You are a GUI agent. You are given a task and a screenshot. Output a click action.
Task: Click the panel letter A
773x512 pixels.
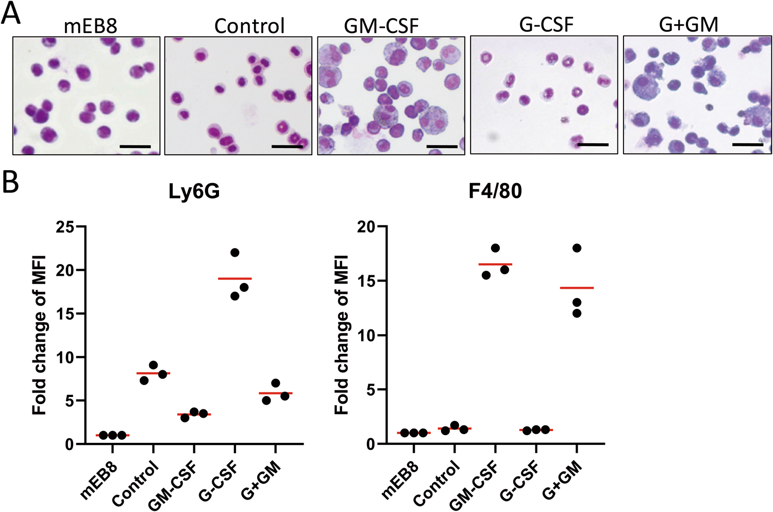11,13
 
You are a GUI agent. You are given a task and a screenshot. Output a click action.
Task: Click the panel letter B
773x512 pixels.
10,183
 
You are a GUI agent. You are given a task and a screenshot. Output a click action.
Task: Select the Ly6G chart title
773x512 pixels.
194,191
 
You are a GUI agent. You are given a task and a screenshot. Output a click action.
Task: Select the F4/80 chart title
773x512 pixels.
495,191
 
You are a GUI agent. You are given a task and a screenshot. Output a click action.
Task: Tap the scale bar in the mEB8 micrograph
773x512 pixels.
135,146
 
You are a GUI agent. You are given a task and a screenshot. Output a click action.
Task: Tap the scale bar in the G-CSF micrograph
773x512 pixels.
593,145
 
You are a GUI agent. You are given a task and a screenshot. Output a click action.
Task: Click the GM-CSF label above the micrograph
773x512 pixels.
381,26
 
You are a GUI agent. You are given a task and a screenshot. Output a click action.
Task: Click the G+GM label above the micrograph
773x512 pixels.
688,25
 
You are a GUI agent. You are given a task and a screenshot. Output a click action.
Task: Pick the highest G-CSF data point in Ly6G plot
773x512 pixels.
234,253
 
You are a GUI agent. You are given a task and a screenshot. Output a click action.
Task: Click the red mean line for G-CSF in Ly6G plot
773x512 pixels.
234,278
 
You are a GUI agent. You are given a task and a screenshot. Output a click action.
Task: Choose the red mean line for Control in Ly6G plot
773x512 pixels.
153,373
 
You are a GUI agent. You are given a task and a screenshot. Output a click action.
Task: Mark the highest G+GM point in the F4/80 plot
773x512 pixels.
577,248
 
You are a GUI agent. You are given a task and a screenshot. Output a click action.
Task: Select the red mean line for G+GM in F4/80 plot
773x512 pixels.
577,288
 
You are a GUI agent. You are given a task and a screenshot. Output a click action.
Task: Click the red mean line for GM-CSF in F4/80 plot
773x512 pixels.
495,264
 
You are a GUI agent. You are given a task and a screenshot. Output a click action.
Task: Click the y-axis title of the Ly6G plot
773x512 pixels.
40,335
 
